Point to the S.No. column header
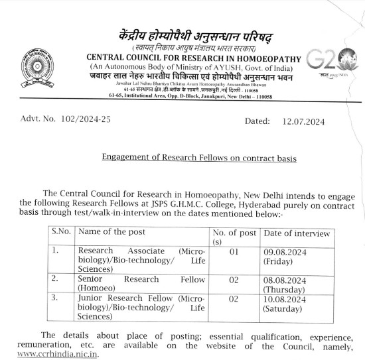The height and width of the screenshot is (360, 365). pos(62,233)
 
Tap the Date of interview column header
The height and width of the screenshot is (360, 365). pos(297,233)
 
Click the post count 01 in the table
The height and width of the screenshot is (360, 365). pos(233,252)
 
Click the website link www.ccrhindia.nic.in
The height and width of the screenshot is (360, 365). pos(58,354)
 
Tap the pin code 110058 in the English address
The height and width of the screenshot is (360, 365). pos(259,96)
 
